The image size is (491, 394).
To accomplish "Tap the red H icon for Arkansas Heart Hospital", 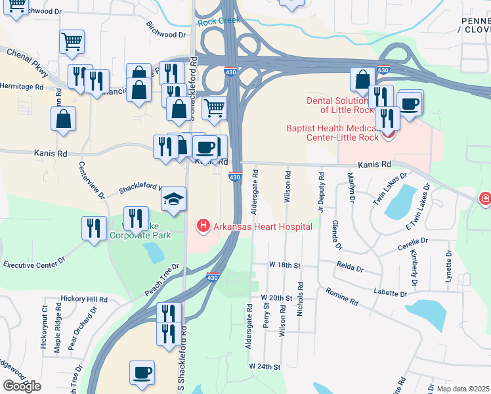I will pos(203,227).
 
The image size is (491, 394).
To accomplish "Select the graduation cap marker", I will pos(173,199).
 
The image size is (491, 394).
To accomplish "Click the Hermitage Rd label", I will pos(22,86).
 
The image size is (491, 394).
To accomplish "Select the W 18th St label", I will pos(284,265).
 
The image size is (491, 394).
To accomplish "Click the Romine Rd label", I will pos(344,301).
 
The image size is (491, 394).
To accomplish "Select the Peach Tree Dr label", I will pos(161,280).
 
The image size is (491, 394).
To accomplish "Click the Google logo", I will pos(22,386).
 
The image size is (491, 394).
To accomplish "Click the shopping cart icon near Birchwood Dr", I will pos(72,42).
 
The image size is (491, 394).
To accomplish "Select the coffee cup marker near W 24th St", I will pos(142,373).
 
